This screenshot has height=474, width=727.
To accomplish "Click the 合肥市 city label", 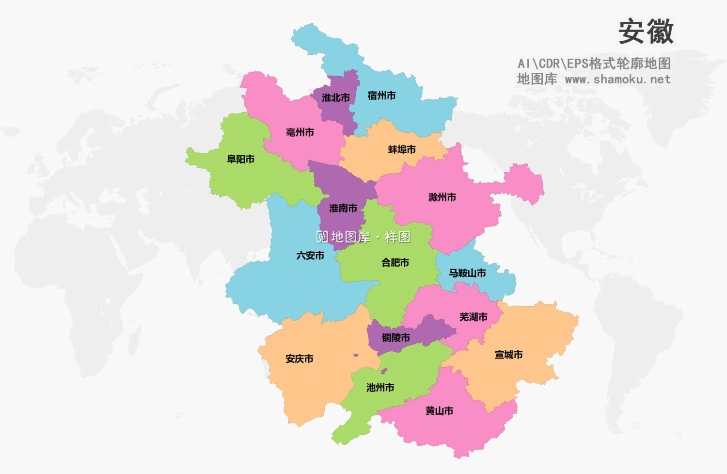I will click(x=395, y=263).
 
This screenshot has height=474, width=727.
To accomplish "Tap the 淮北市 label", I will click(x=335, y=98).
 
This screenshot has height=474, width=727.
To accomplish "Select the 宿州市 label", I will click(x=381, y=96).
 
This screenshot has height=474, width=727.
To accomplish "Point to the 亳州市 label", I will click(x=300, y=132).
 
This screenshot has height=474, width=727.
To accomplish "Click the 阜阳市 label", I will click(x=240, y=159).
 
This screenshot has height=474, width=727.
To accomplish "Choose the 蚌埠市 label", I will click(x=402, y=149).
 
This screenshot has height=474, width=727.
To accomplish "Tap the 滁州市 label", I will click(x=442, y=197).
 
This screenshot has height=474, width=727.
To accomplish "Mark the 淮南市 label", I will click(x=343, y=209).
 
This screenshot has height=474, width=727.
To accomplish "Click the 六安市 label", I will click(x=310, y=256).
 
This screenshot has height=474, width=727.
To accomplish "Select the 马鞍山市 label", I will click(x=467, y=273).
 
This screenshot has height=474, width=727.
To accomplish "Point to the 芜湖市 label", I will click(x=473, y=317).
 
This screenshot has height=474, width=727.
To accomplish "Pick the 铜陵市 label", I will click(x=395, y=338).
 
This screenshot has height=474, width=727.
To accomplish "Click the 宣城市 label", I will click(x=508, y=355).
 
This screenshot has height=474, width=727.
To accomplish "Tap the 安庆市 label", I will click(x=299, y=359).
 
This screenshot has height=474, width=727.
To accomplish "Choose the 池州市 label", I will click(x=380, y=388).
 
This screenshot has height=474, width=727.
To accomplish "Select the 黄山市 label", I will click(x=439, y=411).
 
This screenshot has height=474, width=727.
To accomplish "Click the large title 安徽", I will click(x=646, y=32).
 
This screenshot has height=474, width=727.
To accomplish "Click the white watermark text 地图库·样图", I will click(x=363, y=237).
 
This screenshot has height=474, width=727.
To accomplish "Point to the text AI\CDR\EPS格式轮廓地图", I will click(x=594, y=64).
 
